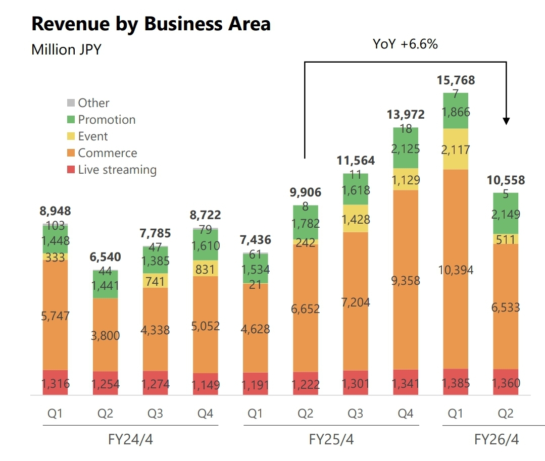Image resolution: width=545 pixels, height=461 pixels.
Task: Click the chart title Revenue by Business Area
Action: coord(151,24)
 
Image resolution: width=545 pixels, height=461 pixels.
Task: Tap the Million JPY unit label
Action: coord(66,49)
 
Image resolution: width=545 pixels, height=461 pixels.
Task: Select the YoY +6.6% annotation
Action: coord(405,44)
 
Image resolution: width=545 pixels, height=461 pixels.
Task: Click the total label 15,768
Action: coord(456,80)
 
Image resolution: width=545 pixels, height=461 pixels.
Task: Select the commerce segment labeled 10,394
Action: coord(456,270)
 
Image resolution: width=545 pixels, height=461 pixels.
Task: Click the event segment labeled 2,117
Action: coord(456,149)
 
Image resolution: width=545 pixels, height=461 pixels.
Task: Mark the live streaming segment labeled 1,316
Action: coord(56,383)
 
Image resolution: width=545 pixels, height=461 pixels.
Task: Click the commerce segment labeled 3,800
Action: coord(105,335)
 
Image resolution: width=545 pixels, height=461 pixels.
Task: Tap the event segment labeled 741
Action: coord(155,281)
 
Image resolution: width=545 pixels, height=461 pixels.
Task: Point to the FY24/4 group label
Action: coord(130,439)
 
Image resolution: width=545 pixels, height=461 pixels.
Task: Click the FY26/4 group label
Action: coord(496,439)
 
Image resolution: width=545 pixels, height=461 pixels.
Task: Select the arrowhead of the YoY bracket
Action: coord(506,121)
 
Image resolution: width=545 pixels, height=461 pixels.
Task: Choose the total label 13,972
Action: coord(406,115)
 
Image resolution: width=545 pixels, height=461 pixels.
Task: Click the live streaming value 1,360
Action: coord(506,383)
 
